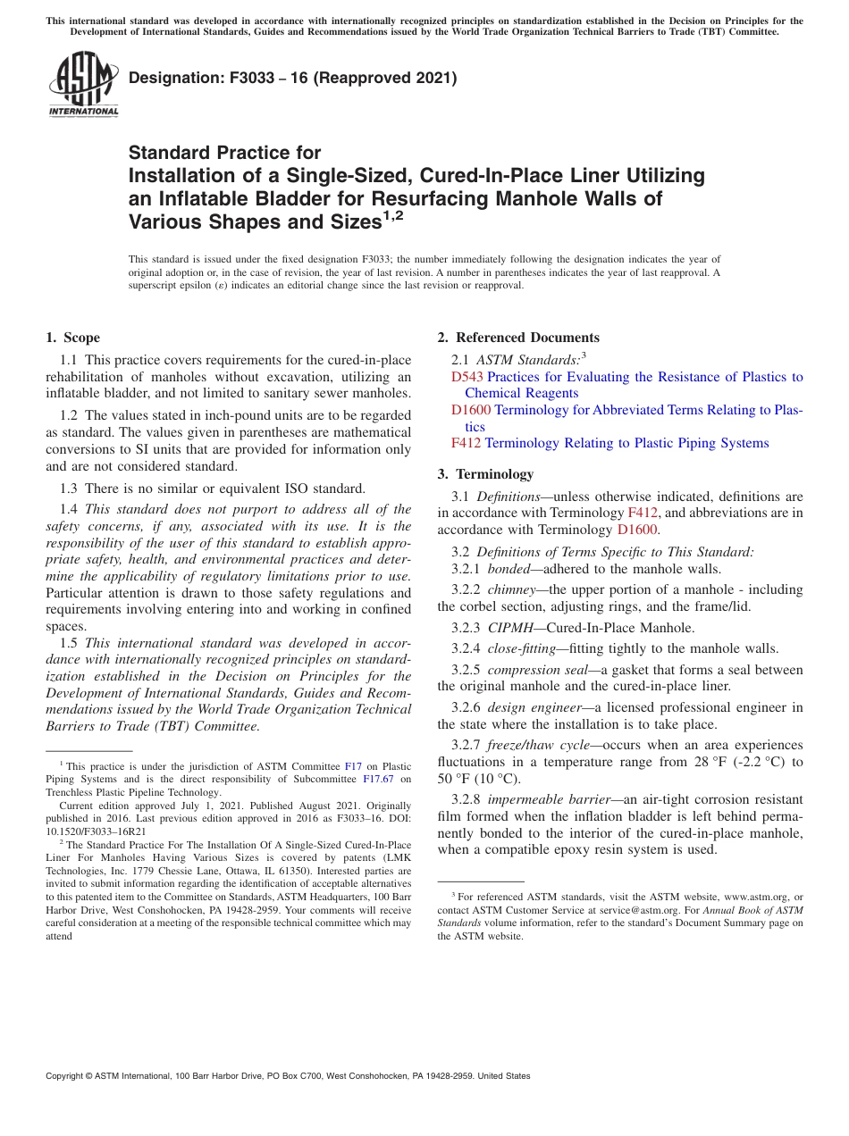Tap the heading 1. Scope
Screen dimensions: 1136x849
tap(72, 338)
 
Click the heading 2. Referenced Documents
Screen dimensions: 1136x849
tap(518, 338)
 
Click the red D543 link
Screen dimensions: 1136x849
tap(467, 377)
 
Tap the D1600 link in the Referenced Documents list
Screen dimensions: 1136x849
tap(471, 410)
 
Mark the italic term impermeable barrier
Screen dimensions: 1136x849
tap(548, 799)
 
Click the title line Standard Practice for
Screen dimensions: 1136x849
tap(224, 153)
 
